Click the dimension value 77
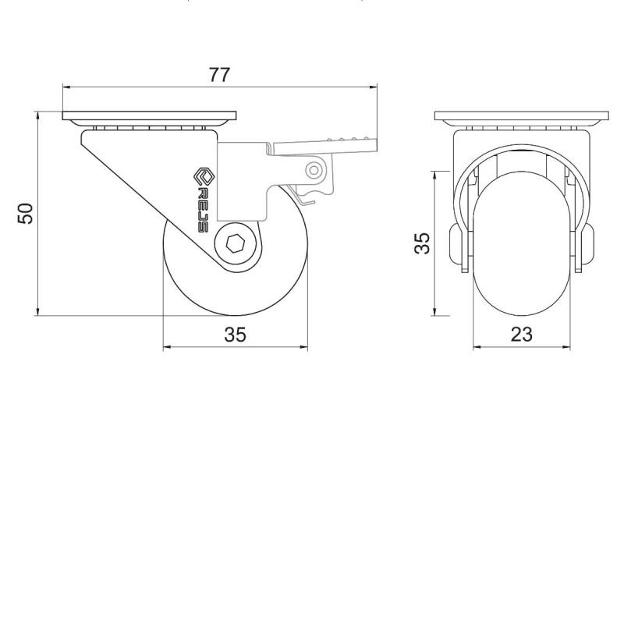219,75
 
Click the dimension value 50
26,213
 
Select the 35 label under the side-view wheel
236,335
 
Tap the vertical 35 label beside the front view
422,243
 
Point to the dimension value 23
521,335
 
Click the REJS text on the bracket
203,210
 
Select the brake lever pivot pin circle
314,171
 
